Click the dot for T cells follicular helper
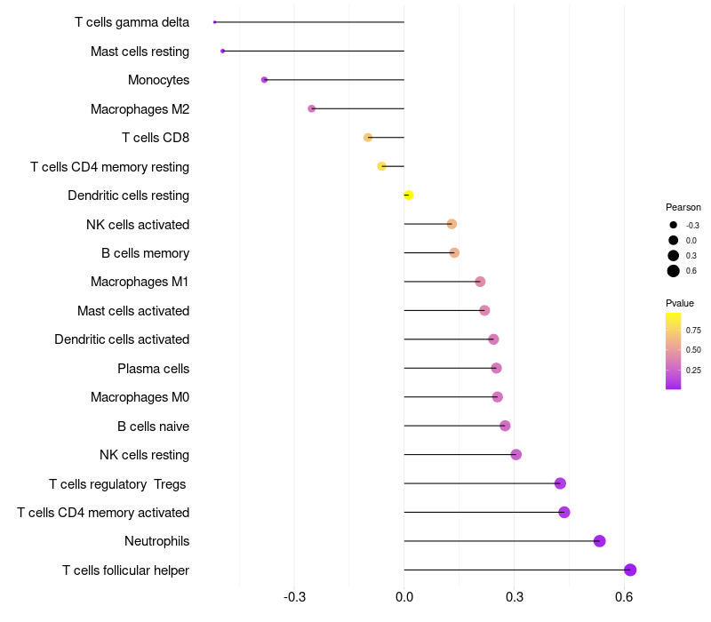click(x=630, y=570)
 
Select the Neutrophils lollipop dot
click(x=599, y=541)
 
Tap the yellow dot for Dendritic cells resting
click(x=409, y=195)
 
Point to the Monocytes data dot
click(x=264, y=80)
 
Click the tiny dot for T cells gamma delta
click(x=215, y=22)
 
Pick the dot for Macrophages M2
click(x=311, y=108)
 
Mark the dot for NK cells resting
click(x=515, y=455)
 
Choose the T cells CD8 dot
click(x=368, y=138)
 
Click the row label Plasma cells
click(x=153, y=368)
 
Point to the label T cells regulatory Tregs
click(x=119, y=483)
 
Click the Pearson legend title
click(x=683, y=207)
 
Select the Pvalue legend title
click(x=680, y=303)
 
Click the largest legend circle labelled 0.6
click(x=674, y=271)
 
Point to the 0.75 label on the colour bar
click(x=693, y=330)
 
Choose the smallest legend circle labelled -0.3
click(x=674, y=226)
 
